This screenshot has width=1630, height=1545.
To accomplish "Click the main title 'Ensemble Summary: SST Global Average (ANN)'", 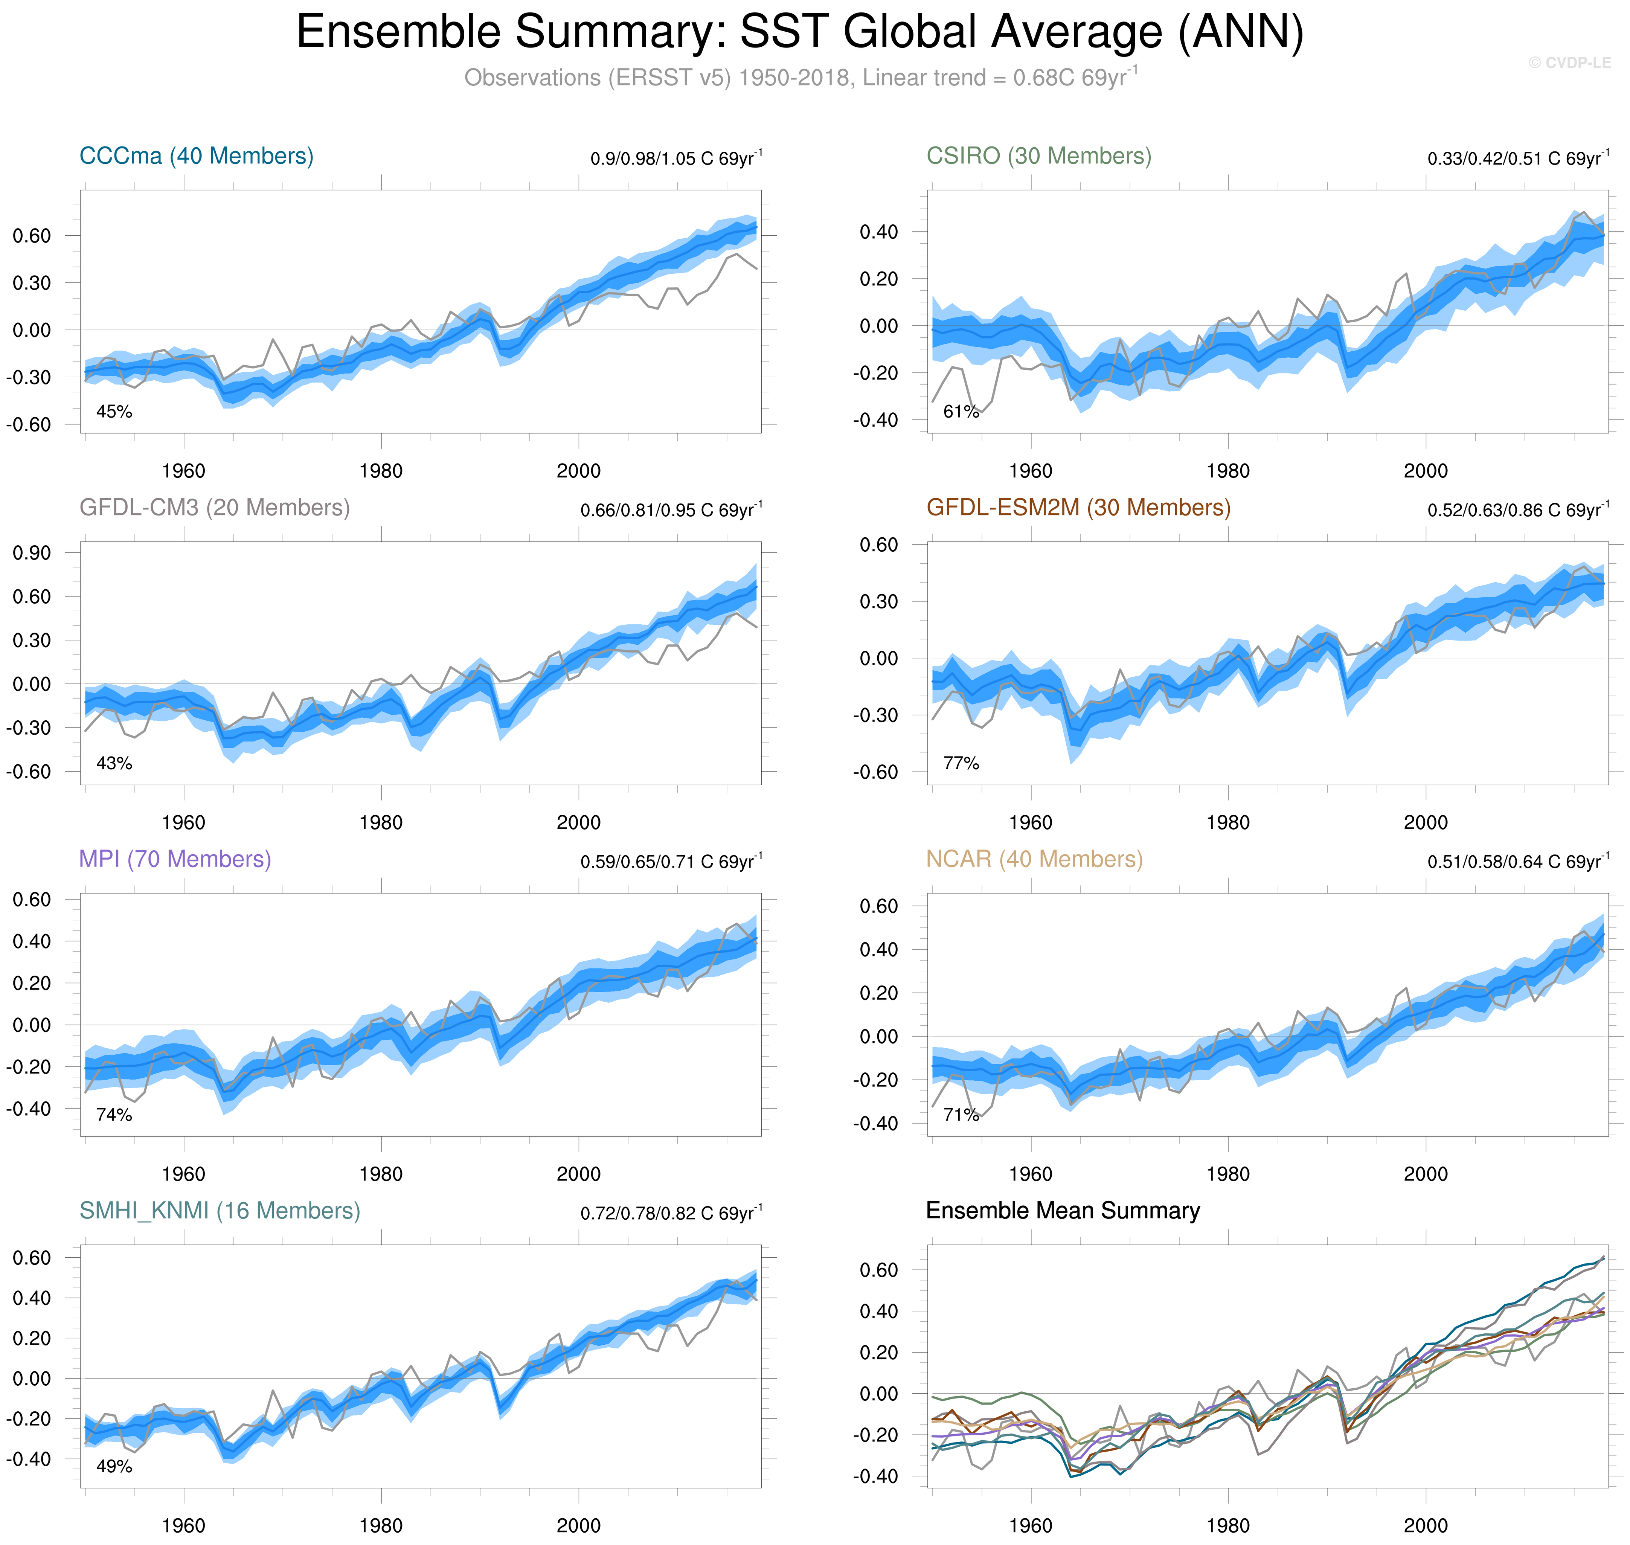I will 799,33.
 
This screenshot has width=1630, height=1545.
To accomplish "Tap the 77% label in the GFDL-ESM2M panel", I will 961,763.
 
